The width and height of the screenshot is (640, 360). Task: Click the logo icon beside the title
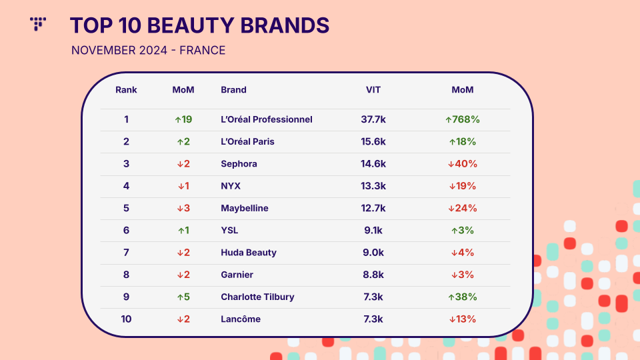tap(38, 24)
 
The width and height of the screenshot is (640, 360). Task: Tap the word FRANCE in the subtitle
tap(203, 50)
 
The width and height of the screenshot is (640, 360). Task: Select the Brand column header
tap(233, 90)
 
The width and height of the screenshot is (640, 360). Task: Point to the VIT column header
tap(373, 90)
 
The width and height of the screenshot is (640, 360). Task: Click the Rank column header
tap(126, 90)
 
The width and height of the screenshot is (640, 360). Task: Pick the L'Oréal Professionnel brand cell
tap(267, 119)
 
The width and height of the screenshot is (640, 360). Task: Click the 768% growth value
tap(463, 119)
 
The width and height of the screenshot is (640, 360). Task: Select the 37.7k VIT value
tap(373, 119)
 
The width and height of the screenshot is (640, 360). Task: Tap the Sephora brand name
tap(239, 164)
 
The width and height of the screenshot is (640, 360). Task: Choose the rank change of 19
tap(183, 119)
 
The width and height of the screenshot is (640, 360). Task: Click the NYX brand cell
tap(231, 186)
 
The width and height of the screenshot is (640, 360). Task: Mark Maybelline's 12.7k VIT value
tap(373, 208)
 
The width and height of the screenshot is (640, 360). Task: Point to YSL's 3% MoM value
tap(463, 231)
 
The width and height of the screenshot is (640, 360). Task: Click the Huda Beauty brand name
tap(249, 253)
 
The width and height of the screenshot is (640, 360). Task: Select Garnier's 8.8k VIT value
tap(373, 275)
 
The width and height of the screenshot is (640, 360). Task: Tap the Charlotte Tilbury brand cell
tap(257, 297)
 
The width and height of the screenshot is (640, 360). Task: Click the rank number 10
tap(126, 319)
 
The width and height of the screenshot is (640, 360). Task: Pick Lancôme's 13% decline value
tap(463, 319)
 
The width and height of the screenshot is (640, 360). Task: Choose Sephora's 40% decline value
tap(463, 164)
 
